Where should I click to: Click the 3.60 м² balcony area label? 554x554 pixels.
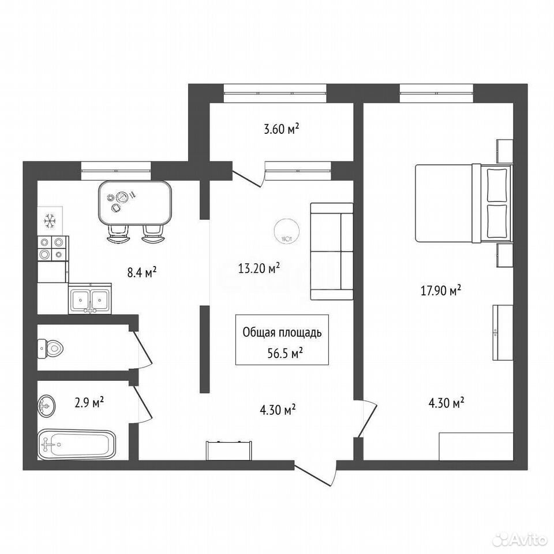click(282, 129)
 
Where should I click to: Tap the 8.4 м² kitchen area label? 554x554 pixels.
click(142, 272)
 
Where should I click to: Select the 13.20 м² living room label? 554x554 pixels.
click(259, 268)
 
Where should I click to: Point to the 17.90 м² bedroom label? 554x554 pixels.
click(441, 291)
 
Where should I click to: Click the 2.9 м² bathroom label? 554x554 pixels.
click(89, 402)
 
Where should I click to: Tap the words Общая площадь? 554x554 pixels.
click(282, 333)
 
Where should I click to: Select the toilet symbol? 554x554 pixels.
click(51, 349)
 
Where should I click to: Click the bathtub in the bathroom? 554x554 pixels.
click(76, 444)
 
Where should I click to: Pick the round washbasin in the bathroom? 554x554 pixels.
click(46, 405)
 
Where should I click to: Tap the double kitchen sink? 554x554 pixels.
click(90, 300)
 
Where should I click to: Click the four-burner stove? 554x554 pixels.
click(53, 248)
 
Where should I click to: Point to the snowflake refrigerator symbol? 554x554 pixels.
click(50, 221)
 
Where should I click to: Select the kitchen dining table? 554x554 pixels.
click(135, 203)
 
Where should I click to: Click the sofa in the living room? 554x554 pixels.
click(332, 251)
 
